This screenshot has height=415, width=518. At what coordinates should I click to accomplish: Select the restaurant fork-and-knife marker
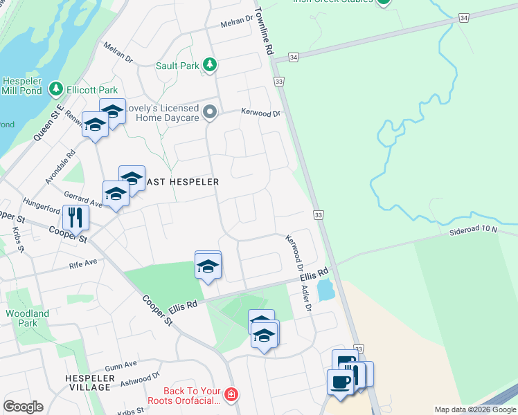(x=75, y=217)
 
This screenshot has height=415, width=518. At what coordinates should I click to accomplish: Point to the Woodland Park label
(x=28, y=318)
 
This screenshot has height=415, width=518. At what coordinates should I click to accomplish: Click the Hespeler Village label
(x=88, y=382)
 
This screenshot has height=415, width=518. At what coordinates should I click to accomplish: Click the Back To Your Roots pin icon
(x=231, y=396)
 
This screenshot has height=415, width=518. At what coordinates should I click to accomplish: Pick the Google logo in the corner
(x=23, y=407)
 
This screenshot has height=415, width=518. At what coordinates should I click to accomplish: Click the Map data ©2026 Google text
(x=475, y=410)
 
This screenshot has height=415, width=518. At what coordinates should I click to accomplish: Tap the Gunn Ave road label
(x=121, y=365)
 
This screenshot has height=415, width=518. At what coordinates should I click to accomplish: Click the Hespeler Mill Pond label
(x=23, y=86)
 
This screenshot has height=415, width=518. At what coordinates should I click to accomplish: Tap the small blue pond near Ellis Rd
(x=324, y=290)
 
